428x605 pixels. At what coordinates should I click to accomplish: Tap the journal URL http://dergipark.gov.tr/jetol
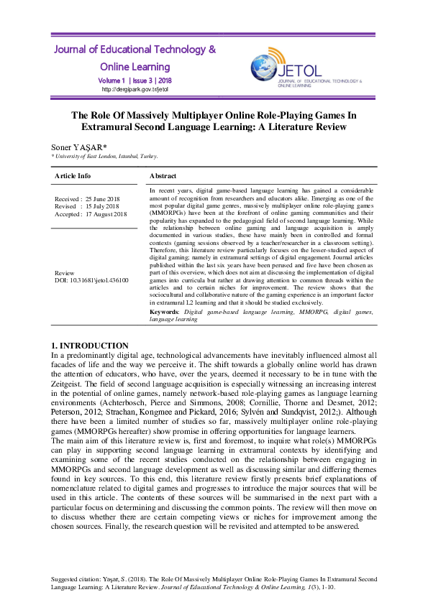click(x=135, y=90)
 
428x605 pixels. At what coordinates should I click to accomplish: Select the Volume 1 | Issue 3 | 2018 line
click(x=135, y=80)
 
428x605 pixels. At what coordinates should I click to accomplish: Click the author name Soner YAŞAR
click(x=77, y=147)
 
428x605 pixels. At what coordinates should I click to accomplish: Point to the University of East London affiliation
click(x=105, y=156)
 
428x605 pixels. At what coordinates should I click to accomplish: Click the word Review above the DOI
click(x=65, y=273)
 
